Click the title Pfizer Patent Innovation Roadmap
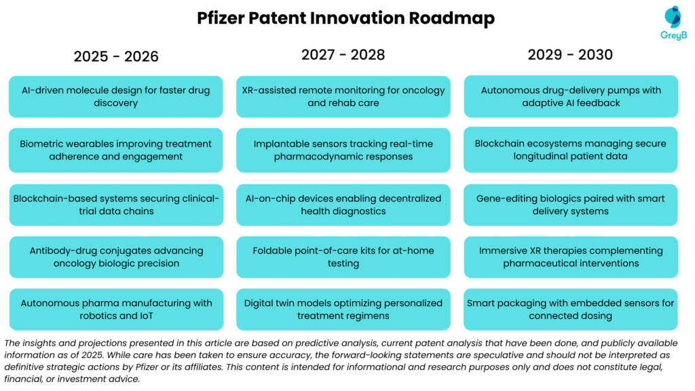[346, 18]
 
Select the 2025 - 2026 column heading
[116, 56]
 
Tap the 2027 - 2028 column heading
[343, 55]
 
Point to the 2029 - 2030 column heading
[570, 55]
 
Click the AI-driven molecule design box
[116, 96]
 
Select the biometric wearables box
[116, 150]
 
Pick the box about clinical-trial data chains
[116, 204]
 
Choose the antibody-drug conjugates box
[116, 257]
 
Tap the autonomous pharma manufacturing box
[116, 309]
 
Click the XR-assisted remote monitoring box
[343, 96]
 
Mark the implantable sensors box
[343, 150]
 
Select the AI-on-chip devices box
[343, 204]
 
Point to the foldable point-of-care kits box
[343, 257]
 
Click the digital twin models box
[343, 309]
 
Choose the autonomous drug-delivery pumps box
[571, 96]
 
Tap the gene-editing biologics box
[571, 204]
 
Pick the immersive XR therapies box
[571, 257]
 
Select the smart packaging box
[571, 309]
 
